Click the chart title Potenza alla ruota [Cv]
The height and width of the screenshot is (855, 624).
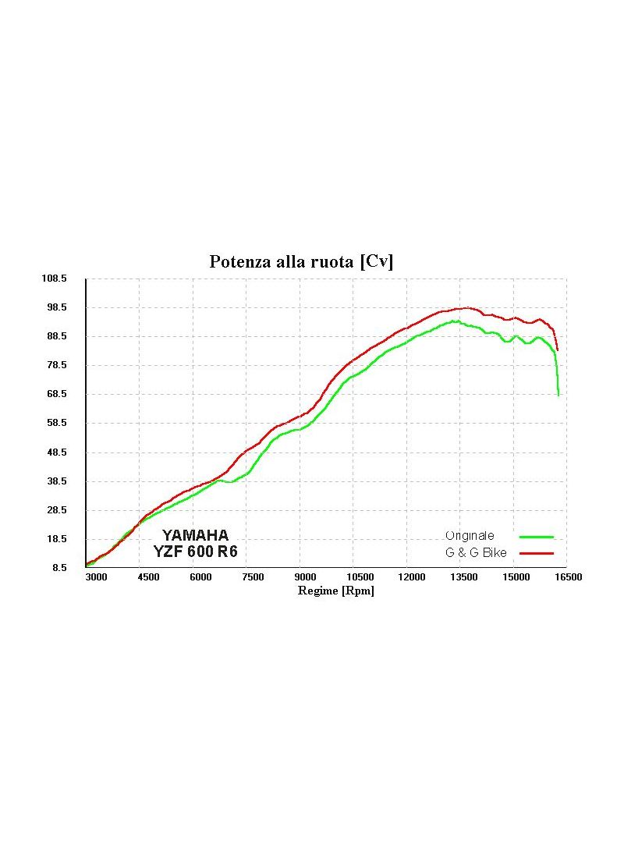pyautogui.click(x=301, y=262)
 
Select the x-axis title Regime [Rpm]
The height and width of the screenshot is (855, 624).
pyautogui.click(x=336, y=591)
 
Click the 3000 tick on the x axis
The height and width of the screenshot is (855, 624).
pyautogui.click(x=96, y=577)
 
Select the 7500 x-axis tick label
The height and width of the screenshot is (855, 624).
pyautogui.click(x=253, y=577)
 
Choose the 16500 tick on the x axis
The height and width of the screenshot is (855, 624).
pyautogui.click(x=568, y=577)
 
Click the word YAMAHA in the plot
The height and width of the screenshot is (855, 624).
pyautogui.click(x=195, y=536)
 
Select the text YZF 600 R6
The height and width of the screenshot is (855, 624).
pyautogui.click(x=196, y=552)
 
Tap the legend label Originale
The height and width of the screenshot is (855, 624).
pyautogui.click(x=470, y=537)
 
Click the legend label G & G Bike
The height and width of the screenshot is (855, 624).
pyautogui.click(x=476, y=553)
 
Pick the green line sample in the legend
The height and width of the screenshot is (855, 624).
pyautogui.click(x=537, y=537)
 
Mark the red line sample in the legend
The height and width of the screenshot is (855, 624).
pyautogui.click(x=537, y=553)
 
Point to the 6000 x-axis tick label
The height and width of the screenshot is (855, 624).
pyautogui.click(x=200, y=577)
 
